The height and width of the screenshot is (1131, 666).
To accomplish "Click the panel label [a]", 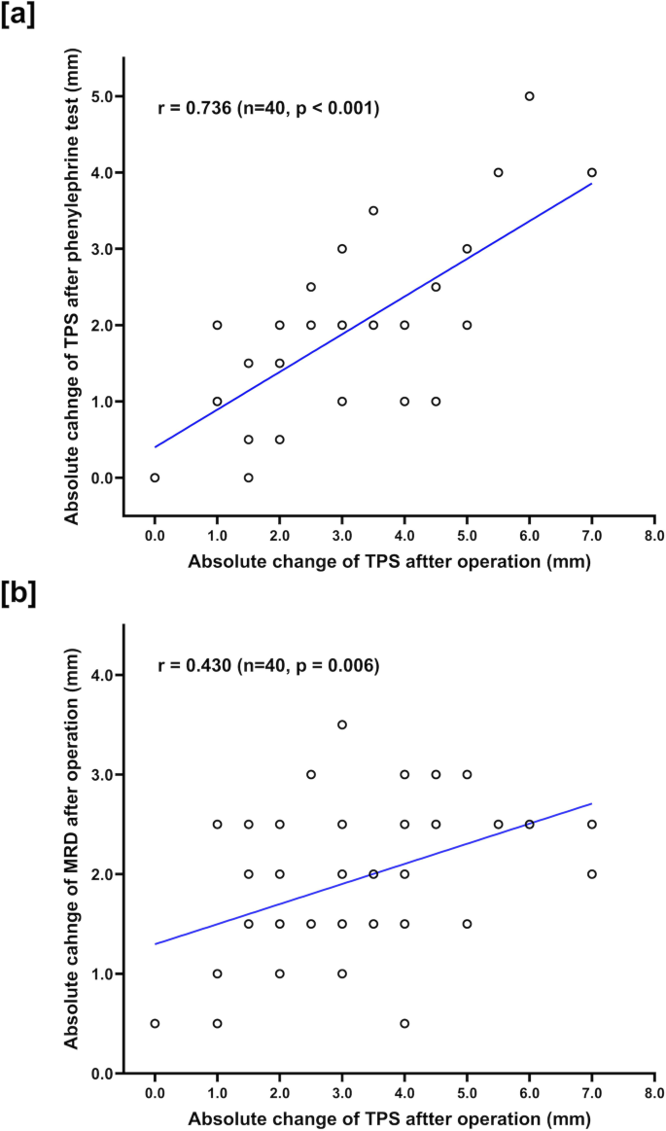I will pos(18,17).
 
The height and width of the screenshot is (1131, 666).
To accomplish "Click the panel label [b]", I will pos(18,595).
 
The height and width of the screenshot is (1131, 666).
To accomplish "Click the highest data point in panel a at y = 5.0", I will pos(529,96).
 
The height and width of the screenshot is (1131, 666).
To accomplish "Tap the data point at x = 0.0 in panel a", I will pos(155,477).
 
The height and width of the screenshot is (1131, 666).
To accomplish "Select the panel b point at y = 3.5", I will pos(342,725).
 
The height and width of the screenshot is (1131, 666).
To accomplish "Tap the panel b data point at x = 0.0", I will pos(155,1023).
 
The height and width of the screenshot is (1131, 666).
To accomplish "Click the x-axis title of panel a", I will pos(390,562).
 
